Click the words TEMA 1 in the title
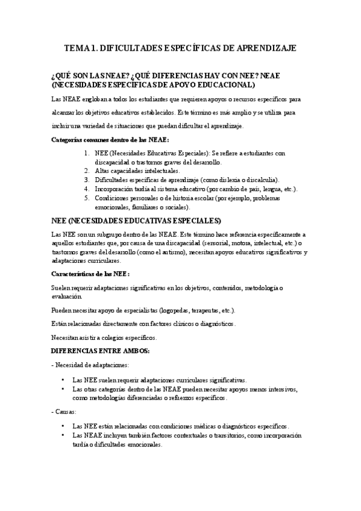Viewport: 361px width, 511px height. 80,48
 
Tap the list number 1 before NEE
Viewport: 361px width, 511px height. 88,154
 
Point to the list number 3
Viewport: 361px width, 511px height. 88,180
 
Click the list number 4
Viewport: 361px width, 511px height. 88,189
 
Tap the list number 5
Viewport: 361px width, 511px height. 88,198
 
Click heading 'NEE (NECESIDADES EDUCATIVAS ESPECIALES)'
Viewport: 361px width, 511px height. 137,220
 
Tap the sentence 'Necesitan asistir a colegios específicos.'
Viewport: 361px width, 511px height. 104,337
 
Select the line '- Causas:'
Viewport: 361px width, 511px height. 64,412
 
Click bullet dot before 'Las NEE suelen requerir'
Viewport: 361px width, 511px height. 63,380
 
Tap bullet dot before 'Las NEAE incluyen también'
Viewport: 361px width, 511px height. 63,435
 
